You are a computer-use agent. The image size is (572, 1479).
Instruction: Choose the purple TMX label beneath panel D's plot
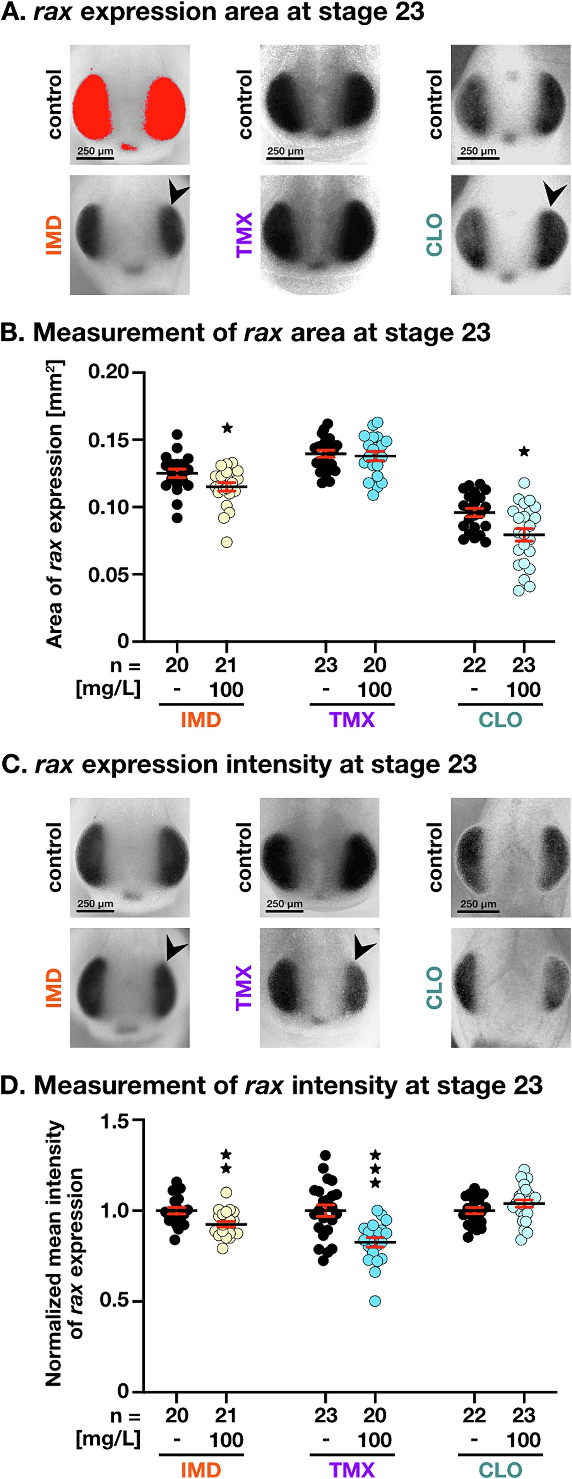[352, 1469]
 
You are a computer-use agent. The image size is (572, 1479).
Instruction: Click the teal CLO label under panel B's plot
[500, 720]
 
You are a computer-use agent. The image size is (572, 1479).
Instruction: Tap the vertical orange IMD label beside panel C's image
[53, 988]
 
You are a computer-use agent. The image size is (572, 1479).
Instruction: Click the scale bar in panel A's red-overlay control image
[95, 156]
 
